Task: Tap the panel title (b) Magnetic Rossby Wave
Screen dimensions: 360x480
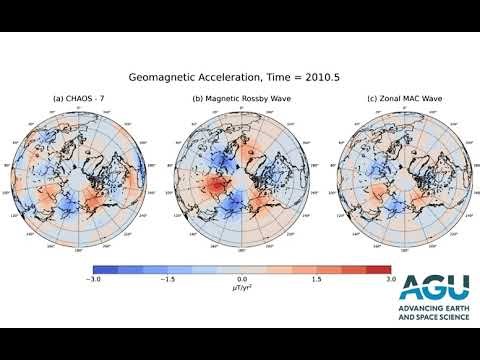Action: [x=241, y=98]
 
